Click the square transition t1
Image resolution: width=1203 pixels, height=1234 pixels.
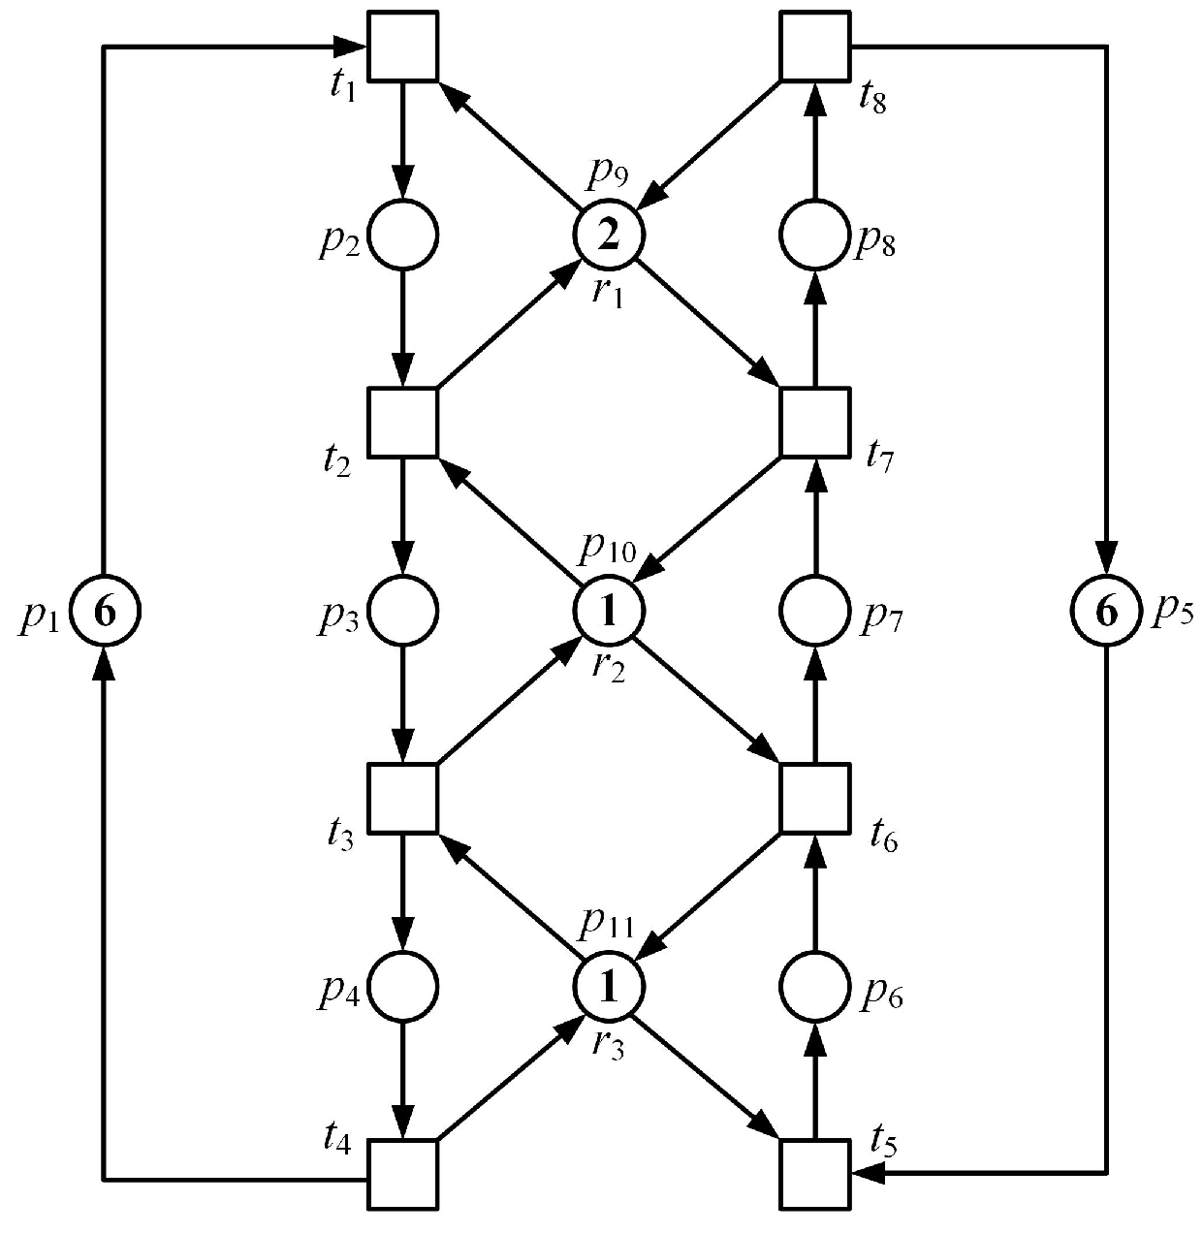pos(403,45)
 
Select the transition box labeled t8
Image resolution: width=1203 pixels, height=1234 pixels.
pos(815,45)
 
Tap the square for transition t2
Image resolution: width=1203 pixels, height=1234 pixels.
pos(403,422)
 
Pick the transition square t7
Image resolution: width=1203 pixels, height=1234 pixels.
pos(815,422)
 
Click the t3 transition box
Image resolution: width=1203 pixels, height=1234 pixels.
pos(403,798)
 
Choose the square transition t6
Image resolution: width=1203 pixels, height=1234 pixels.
pos(815,798)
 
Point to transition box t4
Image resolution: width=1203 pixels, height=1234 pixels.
pos(403,1174)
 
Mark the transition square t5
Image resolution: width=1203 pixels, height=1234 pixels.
pos(815,1174)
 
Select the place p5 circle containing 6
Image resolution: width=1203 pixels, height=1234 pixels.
pos(1106,611)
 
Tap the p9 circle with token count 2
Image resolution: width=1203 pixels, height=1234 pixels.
pos(609,234)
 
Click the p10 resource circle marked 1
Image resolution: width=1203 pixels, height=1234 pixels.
pos(609,611)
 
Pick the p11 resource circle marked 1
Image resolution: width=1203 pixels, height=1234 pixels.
pos(609,987)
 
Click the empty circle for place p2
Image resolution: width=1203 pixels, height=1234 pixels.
pos(403,234)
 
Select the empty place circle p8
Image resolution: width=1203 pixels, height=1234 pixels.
pos(815,234)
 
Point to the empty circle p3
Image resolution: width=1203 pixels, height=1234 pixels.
pos(403,611)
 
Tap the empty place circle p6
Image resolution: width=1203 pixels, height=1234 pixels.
pos(815,987)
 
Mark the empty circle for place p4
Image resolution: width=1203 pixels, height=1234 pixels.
pos(403,987)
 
